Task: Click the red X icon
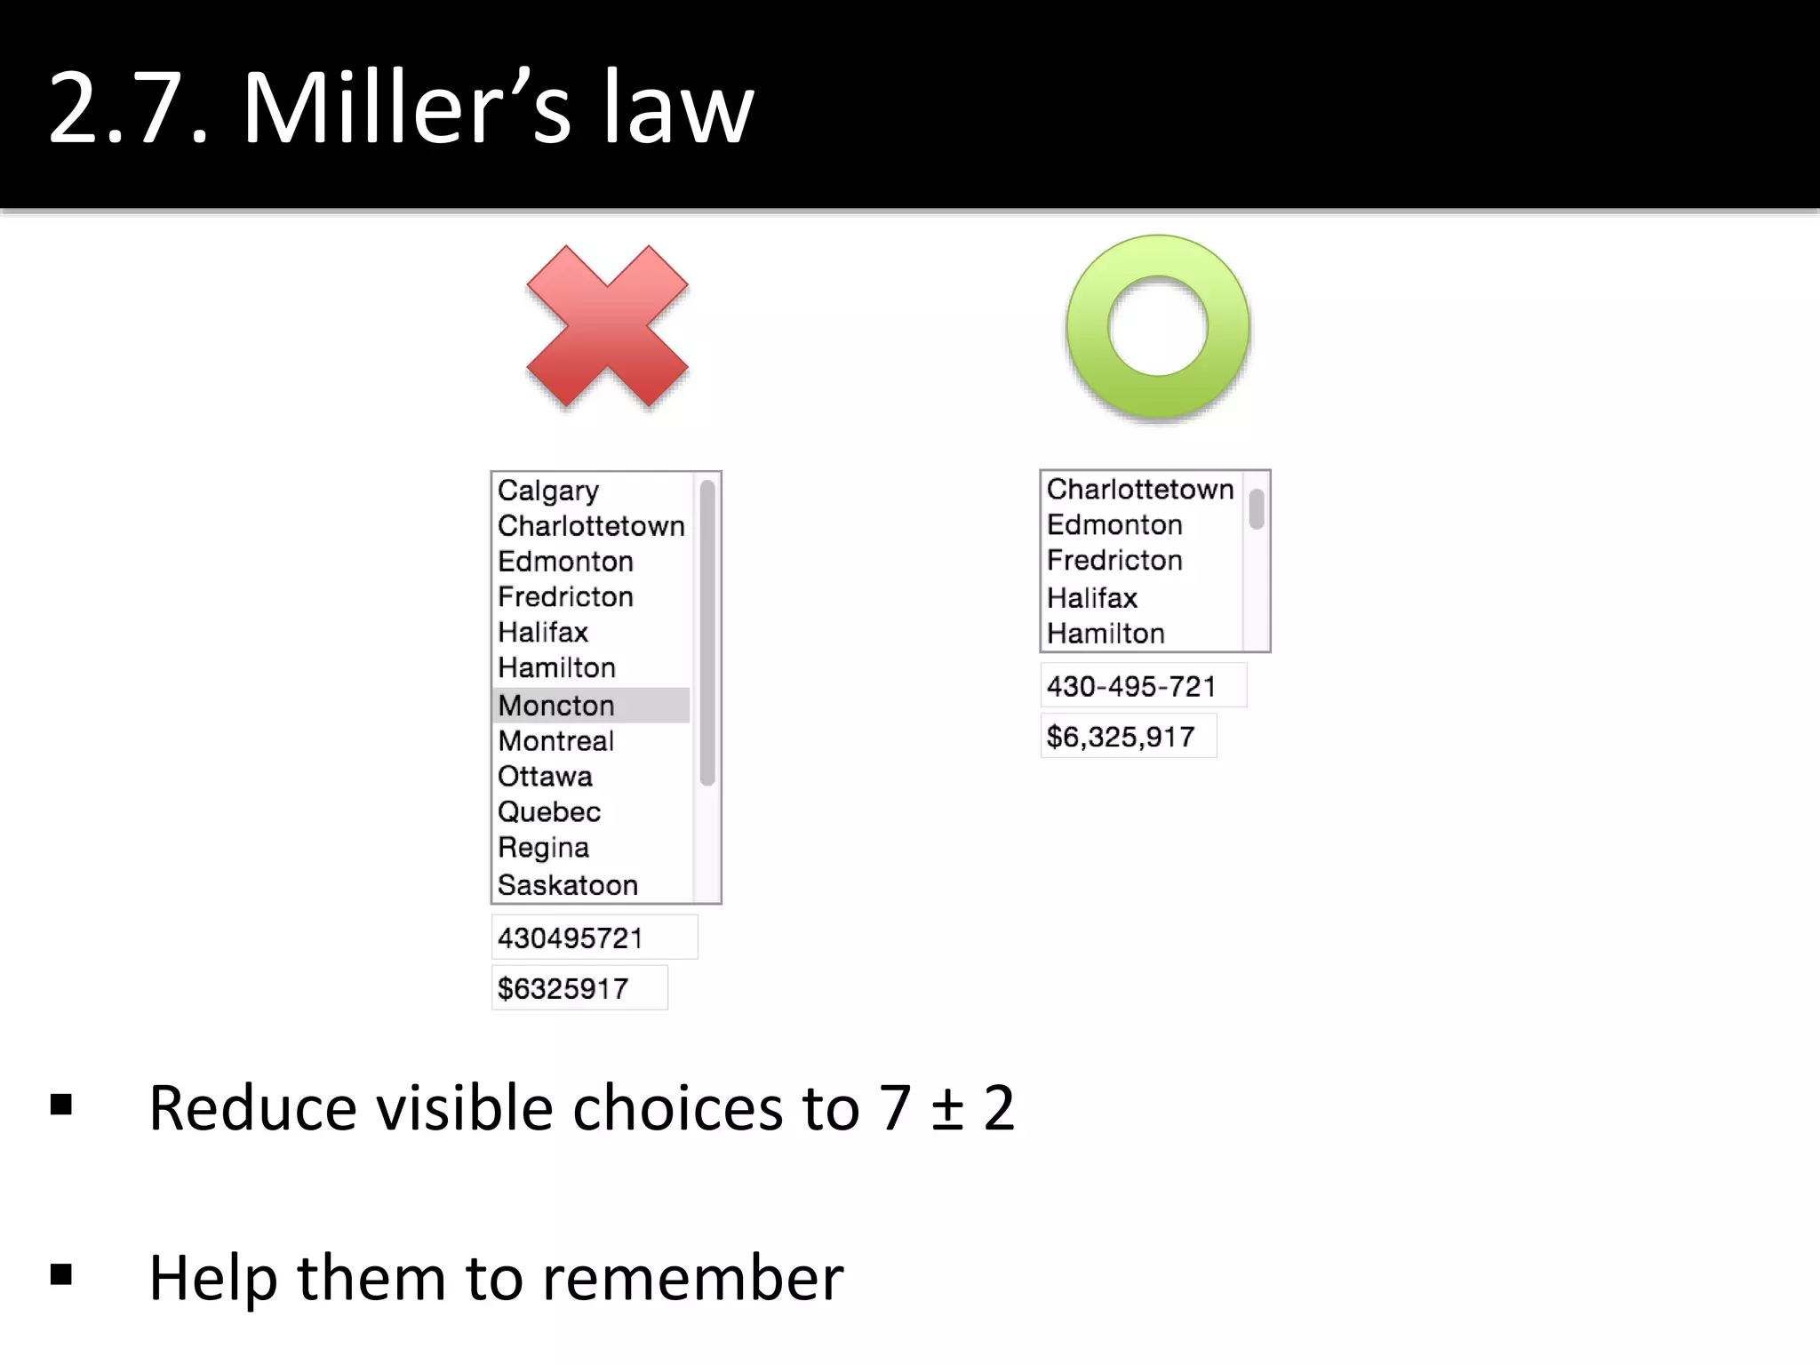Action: point(607,326)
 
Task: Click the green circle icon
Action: point(1157,326)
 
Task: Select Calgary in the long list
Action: point(548,491)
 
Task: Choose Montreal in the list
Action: point(556,741)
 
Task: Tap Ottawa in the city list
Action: point(545,777)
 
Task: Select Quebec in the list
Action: point(549,812)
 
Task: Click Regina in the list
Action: point(543,848)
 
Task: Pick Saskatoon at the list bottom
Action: point(568,885)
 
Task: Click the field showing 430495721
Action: point(594,938)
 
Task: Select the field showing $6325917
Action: point(579,988)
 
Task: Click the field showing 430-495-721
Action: point(1143,686)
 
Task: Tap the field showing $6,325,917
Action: point(1128,737)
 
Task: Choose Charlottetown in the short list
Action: point(1140,490)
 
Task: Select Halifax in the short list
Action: point(1092,598)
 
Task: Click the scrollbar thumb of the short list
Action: point(1257,509)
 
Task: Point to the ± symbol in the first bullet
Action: point(948,1109)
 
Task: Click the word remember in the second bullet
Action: point(693,1278)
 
